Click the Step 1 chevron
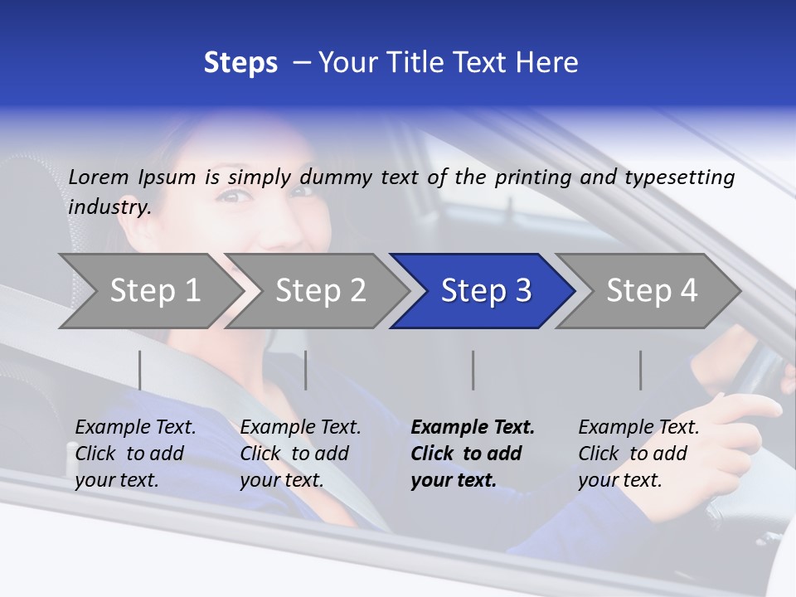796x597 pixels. [154, 291]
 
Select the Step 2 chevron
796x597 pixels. [320, 291]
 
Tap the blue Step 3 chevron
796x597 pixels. [486, 291]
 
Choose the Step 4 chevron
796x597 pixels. [652, 291]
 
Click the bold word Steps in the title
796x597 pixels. [240, 63]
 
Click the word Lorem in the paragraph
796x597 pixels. [99, 177]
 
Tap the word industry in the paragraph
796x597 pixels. [109, 207]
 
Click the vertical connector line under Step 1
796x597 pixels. [140, 370]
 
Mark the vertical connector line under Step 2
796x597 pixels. [306, 370]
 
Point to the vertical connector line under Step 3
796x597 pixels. [473, 370]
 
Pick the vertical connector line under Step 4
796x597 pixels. [641, 370]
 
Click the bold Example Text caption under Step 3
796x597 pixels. [473, 454]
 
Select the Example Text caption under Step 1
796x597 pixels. [135, 454]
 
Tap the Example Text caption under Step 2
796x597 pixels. [300, 454]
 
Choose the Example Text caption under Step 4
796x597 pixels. [638, 454]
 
